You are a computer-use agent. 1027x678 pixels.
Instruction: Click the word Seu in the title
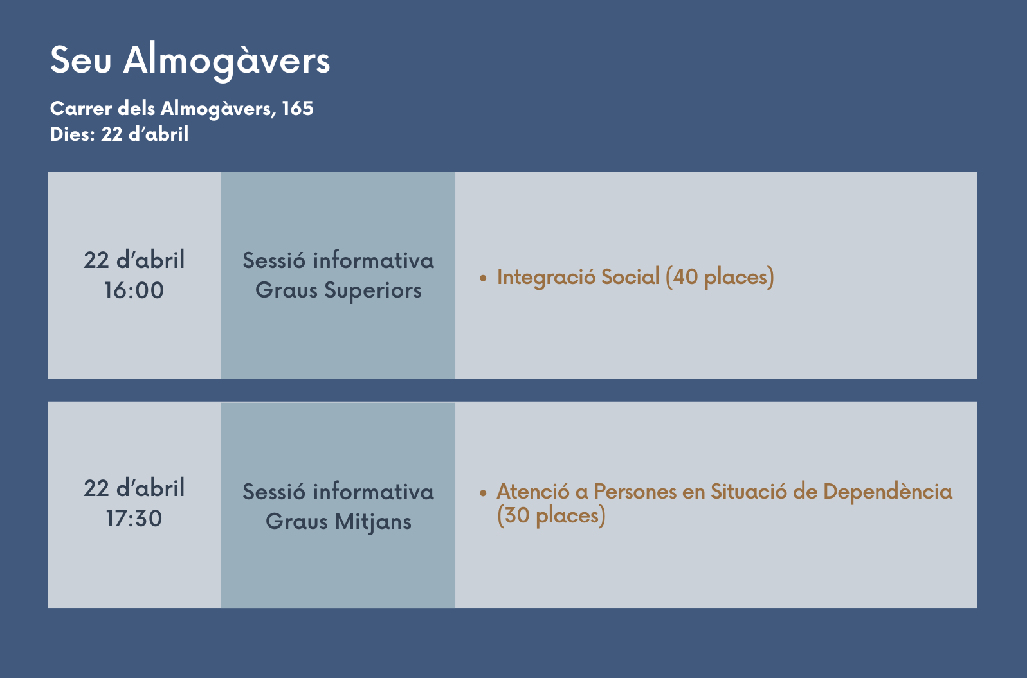[x=80, y=60]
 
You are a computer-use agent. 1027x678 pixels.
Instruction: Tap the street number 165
[x=298, y=109]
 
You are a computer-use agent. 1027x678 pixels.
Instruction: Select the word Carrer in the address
[x=80, y=109]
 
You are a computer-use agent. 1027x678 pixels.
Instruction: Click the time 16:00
[x=134, y=290]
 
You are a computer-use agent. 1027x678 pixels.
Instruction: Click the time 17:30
[x=134, y=519]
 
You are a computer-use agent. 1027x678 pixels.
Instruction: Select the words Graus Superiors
[x=338, y=290]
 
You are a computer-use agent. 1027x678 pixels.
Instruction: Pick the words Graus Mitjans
[x=338, y=522]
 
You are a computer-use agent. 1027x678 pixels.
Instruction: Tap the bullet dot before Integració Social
[x=483, y=278]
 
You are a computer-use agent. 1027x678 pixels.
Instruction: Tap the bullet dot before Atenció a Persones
[x=483, y=493]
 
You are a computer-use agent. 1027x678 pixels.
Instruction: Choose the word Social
[x=630, y=277]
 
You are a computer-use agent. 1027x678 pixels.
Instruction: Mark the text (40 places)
[x=720, y=278]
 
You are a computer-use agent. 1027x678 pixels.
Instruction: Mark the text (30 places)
[x=552, y=516]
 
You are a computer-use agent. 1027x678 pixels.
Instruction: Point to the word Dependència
[x=888, y=492]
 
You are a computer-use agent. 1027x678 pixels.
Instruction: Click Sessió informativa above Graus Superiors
[x=338, y=261]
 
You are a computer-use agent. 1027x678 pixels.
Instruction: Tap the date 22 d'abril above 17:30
[x=134, y=488]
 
